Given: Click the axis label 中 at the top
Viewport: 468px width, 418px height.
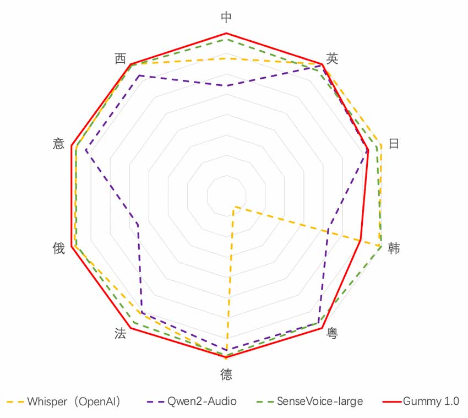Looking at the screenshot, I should pyautogui.click(x=226, y=17).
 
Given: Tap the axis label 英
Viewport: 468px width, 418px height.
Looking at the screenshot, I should pyautogui.click(x=332, y=58).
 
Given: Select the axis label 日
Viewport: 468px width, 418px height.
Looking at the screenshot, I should pyautogui.click(x=394, y=144).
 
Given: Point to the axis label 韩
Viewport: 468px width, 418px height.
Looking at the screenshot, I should pyautogui.click(x=394, y=248).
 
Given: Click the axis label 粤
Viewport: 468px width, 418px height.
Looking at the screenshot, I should pyautogui.click(x=332, y=333).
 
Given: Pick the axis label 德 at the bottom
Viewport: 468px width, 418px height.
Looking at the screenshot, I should pyautogui.click(x=226, y=375).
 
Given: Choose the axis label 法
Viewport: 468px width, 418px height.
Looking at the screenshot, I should pyautogui.click(x=120, y=333).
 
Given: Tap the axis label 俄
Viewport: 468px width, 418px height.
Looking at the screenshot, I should pyautogui.click(x=58, y=248).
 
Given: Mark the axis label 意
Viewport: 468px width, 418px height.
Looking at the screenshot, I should pyautogui.click(x=58, y=144).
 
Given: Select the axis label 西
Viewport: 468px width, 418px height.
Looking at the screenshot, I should pyautogui.click(x=120, y=58).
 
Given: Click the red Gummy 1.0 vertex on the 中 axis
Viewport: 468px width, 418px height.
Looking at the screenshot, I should pyautogui.click(x=226, y=33).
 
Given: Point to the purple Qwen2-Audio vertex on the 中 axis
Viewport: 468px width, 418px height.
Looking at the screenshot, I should pyautogui.click(x=226, y=85).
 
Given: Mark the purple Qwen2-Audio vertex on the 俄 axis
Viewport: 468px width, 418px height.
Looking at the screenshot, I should pyautogui.click(x=138, y=224).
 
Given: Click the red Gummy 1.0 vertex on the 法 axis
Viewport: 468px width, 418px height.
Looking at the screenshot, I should pyautogui.click(x=131, y=329).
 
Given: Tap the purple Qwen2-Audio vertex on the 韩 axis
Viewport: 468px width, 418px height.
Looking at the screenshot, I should pyautogui.click(x=329, y=227).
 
